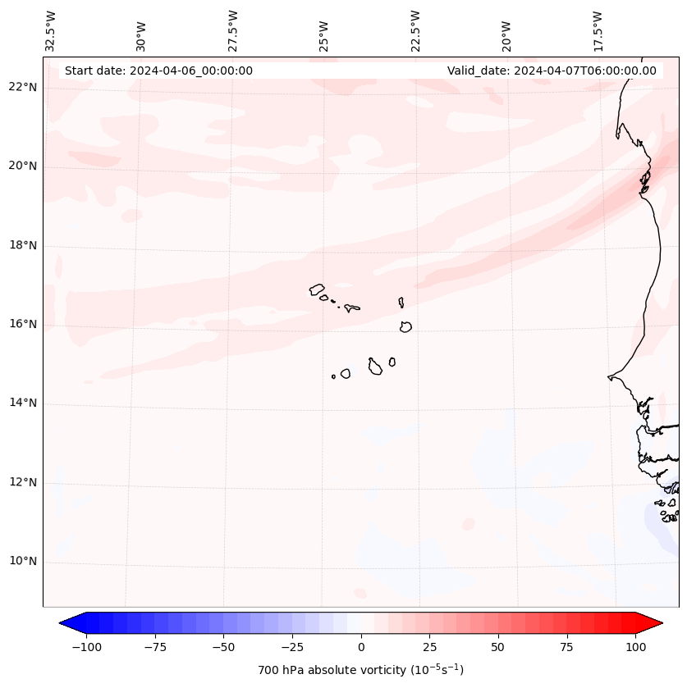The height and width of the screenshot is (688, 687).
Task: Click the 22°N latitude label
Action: (24, 87)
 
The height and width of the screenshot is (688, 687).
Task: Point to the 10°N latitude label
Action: (24, 561)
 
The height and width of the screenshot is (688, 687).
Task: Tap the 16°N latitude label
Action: (24, 324)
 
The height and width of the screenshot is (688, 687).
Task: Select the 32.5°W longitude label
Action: (51, 30)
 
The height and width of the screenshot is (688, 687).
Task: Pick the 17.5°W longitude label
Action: (598, 30)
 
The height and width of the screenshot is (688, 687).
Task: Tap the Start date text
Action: (158, 71)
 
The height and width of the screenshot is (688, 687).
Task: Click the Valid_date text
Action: (552, 71)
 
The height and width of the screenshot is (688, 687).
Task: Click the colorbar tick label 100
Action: (636, 647)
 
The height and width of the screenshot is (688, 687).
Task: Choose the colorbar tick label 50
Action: (498, 647)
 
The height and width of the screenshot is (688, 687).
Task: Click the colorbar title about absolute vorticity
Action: (361, 670)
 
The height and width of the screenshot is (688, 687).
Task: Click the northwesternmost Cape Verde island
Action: (317, 289)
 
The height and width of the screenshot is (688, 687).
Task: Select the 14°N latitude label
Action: (24, 403)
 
